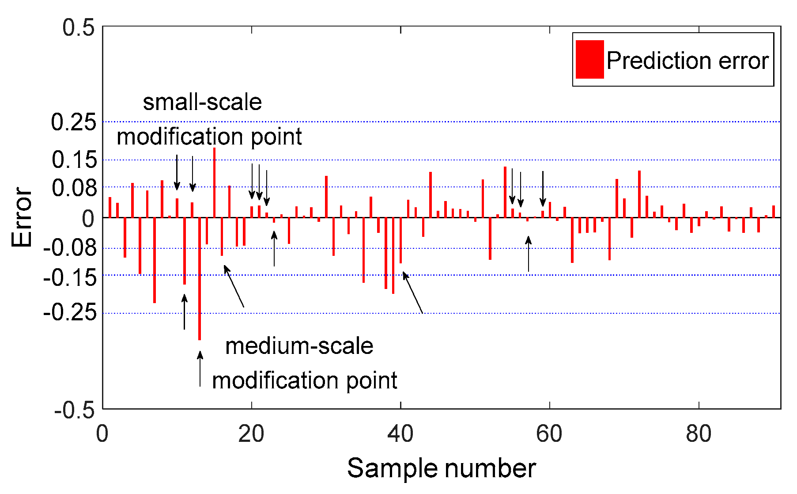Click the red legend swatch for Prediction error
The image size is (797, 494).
point(589,60)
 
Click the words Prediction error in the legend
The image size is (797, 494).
point(687,61)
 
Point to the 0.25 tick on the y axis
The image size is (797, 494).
point(73,122)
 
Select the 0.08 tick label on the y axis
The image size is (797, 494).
point(74,188)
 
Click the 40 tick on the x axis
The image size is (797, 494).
point(400,434)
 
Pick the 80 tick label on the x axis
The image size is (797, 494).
point(699,434)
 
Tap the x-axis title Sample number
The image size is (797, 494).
point(441,469)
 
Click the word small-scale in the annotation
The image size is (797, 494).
point(202,103)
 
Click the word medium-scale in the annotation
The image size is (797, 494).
point(299,346)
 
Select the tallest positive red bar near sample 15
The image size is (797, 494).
point(214,182)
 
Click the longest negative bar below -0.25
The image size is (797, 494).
point(200,278)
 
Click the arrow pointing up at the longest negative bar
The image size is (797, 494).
point(200,369)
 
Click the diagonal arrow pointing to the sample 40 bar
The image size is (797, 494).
point(413,293)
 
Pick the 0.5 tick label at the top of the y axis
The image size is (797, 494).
point(78,28)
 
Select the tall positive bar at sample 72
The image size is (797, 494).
point(639,194)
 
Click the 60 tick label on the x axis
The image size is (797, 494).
point(549,434)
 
